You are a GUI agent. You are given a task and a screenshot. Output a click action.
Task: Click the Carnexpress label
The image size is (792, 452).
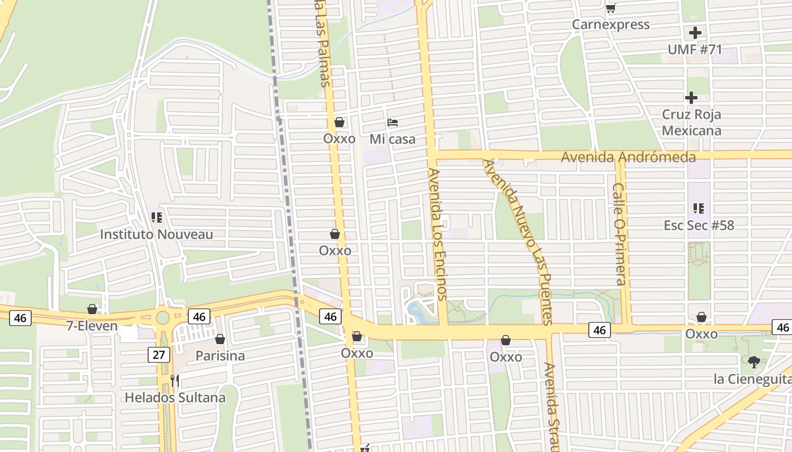[x=610, y=25]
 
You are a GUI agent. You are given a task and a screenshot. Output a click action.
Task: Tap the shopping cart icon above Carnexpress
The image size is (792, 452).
[x=610, y=8]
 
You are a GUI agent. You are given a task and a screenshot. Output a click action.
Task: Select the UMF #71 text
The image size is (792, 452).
[x=695, y=50]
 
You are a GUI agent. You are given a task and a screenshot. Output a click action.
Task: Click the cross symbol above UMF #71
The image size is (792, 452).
[x=695, y=33]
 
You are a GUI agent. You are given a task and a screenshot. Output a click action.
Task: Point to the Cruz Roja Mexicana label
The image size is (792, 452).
[x=691, y=123]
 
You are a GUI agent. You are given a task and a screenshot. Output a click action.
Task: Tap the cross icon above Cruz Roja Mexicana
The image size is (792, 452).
[x=691, y=98]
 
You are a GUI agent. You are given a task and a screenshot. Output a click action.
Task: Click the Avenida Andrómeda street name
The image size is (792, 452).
[x=628, y=157]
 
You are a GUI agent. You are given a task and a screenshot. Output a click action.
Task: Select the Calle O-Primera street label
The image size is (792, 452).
[x=620, y=233]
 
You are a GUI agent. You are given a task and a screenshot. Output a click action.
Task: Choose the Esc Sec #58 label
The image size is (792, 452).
[x=699, y=225]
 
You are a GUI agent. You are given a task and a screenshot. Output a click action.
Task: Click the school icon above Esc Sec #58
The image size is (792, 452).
[x=699, y=208]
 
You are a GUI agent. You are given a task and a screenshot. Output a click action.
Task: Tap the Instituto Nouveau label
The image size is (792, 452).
[x=156, y=234]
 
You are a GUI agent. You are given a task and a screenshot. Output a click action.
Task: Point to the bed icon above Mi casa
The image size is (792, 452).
[x=393, y=122]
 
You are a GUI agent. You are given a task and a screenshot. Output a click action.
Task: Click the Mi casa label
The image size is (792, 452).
[x=393, y=139]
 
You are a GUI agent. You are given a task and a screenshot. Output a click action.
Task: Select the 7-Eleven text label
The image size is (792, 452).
[x=92, y=326]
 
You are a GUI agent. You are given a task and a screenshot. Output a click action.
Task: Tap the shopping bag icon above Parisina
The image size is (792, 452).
[x=220, y=339]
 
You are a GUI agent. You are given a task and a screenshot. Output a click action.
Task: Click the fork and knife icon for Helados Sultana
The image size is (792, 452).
[x=175, y=380]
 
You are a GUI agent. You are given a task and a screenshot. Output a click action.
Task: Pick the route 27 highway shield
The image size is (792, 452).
[x=158, y=355]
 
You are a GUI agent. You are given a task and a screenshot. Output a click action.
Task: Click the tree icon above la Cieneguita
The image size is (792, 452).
[x=754, y=362]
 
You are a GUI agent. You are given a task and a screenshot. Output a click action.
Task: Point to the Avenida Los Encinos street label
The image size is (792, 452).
[x=437, y=233]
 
